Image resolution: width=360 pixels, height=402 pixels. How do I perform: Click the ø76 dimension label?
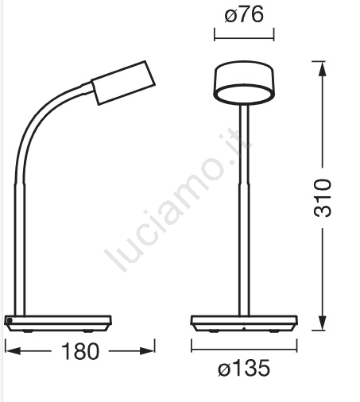tap(244, 15)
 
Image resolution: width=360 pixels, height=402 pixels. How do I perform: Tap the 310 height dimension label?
tap(323, 198)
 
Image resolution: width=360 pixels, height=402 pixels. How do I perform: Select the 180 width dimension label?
tap(80, 351)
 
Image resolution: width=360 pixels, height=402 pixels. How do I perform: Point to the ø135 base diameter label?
tap(244, 368)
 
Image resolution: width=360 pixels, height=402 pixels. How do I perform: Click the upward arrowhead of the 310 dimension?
tap(323, 69)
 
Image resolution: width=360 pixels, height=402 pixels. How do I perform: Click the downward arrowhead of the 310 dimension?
tap(323, 323)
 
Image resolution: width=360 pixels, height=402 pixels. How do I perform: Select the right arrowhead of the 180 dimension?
tap(147, 351)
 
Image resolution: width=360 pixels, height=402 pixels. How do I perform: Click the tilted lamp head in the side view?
tap(123, 83)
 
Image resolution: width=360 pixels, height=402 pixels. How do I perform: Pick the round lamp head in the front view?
tap(244, 83)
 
